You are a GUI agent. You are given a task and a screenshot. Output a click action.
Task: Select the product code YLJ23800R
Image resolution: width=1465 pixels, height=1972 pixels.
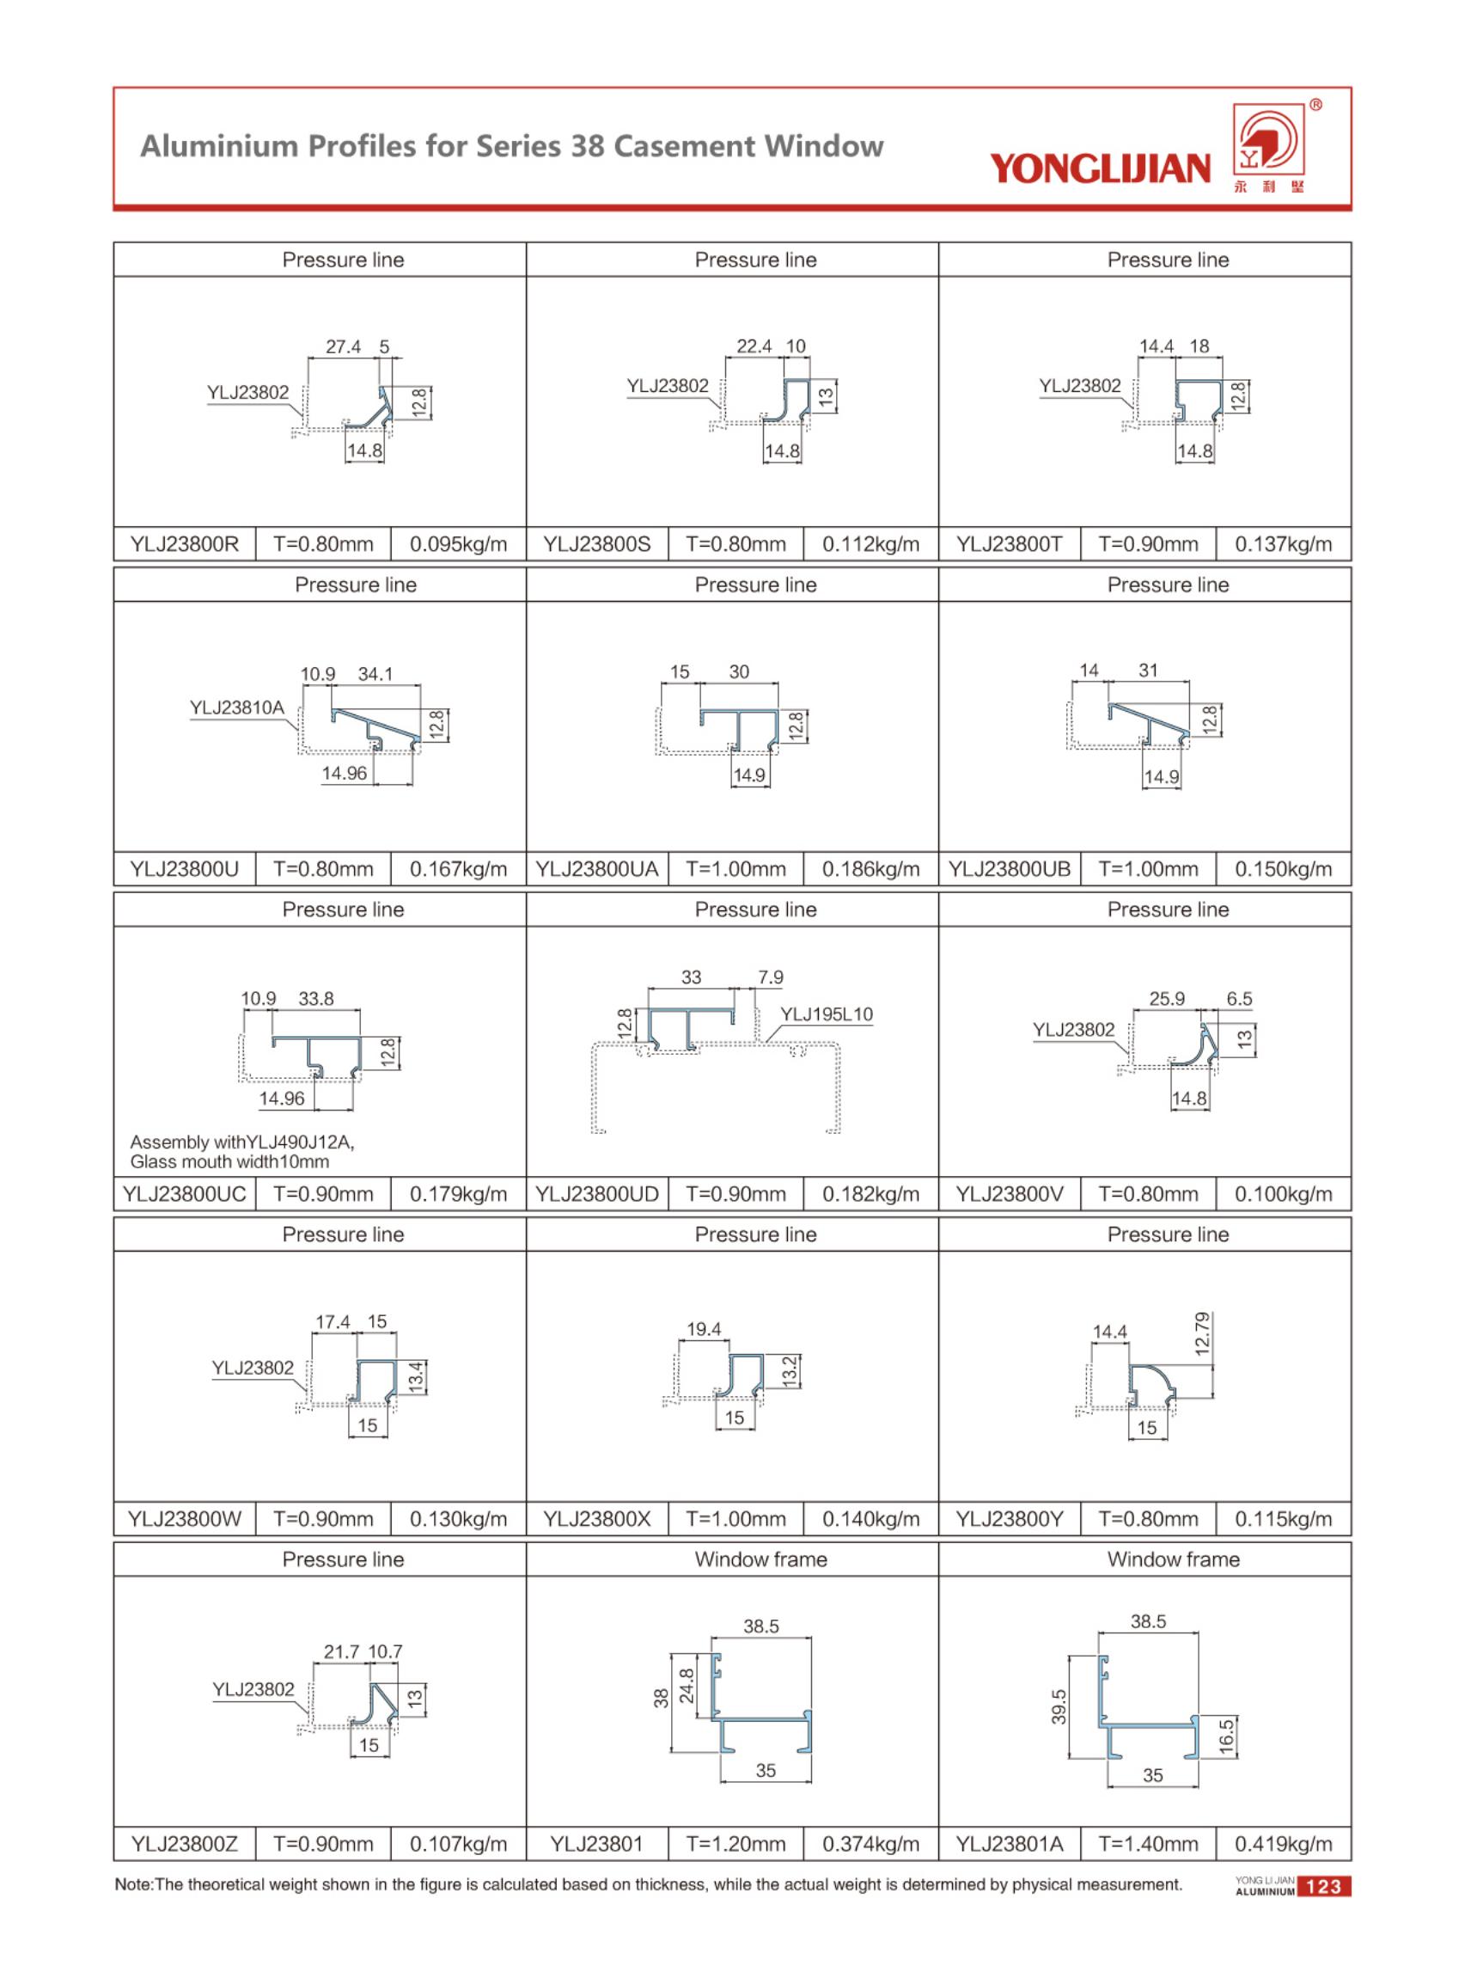(185, 545)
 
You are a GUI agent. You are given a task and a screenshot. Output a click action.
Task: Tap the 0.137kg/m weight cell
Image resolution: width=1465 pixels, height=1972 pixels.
(1283, 545)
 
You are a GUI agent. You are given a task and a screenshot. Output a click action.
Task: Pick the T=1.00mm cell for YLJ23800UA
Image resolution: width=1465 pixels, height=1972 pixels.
(736, 869)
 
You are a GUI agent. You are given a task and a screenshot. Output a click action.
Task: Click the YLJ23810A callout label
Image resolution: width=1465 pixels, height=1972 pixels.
(237, 707)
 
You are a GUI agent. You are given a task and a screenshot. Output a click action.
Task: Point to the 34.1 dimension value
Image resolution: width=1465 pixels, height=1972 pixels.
(375, 674)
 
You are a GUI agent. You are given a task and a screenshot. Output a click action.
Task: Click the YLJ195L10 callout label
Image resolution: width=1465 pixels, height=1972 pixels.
(827, 1014)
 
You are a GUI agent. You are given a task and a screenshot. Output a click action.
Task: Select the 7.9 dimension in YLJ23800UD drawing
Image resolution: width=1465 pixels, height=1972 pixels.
(770, 977)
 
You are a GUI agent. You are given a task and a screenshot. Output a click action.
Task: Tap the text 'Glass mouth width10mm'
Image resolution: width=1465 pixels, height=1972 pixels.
(229, 1162)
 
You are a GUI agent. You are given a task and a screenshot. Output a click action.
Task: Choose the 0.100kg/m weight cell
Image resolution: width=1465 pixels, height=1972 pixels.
(1283, 1194)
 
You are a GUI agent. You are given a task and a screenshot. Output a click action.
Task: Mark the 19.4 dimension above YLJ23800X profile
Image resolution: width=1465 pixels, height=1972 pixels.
(703, 1329)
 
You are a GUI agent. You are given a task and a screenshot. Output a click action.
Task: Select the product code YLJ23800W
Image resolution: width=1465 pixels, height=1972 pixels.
(185, 1519)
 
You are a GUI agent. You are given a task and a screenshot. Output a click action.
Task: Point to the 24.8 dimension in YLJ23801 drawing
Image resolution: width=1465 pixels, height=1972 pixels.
(687, 1687)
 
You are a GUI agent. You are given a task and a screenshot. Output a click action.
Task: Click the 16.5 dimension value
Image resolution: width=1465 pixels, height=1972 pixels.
(1226, 1737)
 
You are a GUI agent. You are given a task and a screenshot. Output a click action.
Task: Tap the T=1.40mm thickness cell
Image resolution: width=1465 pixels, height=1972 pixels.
(1148, 1844)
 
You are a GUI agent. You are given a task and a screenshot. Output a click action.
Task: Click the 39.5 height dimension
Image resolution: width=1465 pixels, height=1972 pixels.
(1059, 1705)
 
